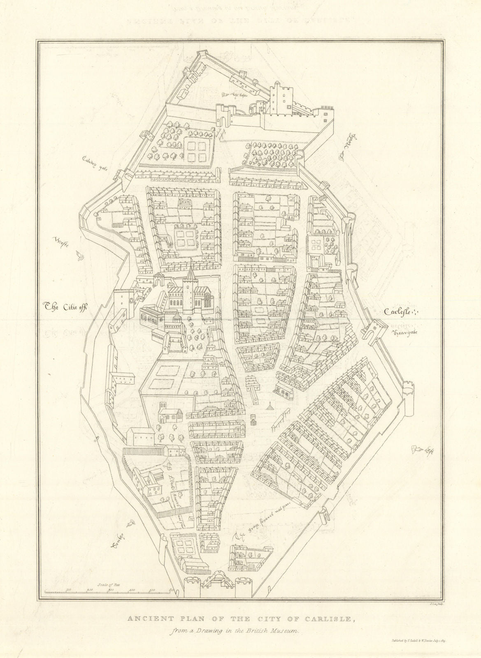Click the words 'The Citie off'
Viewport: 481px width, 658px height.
pyautogui.click(x=66, y=306)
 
